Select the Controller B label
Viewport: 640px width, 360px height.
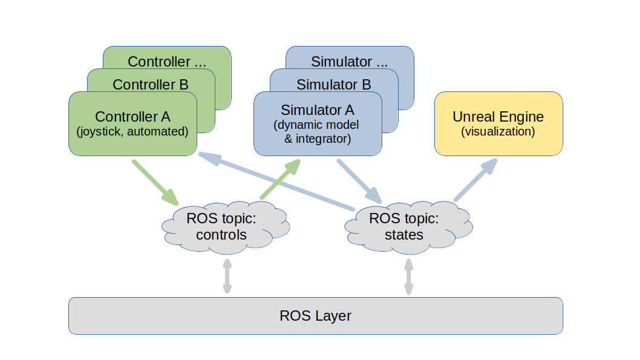(x=151, y=84)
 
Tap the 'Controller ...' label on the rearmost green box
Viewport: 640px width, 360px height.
(x=168, y=61)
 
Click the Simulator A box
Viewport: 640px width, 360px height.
(x=318, y=123)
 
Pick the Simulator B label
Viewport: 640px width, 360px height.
(x=334, y=84)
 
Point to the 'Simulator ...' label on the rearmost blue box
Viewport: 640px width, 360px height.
(x=350, y=61)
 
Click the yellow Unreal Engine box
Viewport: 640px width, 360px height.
(x=498, y=123)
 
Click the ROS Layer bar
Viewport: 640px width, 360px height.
(x=315, y=315)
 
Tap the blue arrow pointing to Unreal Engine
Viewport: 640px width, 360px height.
(x=476, y=180)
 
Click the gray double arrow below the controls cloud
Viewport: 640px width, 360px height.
(x=227, y=277)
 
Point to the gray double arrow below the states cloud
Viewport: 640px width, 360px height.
(x=409, y=277)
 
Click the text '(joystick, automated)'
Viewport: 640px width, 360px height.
(x=132, y=131)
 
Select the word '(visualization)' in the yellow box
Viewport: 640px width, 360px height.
(x=498, y=131)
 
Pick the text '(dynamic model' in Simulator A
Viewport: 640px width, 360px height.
(x=316, y=125)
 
